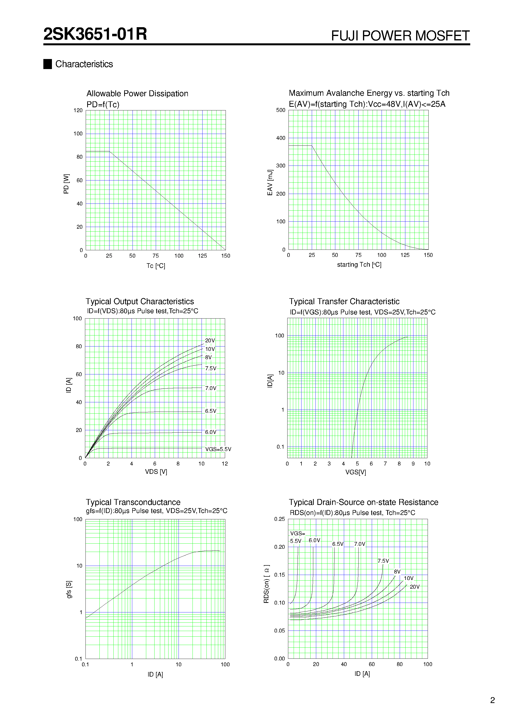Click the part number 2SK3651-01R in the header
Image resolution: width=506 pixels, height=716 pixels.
(95, 34)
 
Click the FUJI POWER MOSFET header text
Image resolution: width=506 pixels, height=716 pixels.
(400, 36)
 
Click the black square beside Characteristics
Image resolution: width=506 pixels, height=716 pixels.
(48, 64)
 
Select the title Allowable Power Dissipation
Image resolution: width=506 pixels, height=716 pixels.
(137, 94)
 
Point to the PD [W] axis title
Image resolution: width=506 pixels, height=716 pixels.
(66, 184)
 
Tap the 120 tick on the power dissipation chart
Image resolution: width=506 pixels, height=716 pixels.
(78, 110)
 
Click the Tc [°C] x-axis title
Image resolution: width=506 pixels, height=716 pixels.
(156, 266)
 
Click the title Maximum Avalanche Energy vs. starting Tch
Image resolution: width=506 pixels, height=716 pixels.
(369, 93)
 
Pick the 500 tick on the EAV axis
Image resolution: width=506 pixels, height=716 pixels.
(280, 110)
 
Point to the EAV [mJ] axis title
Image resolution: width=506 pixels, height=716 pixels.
(270, 183)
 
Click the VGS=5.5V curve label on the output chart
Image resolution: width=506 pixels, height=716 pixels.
(218, 449)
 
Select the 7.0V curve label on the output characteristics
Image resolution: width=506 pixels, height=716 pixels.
(211, 388)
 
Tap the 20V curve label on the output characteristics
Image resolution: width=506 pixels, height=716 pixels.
(210, 341)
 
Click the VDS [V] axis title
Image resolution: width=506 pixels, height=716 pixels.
(156, 472)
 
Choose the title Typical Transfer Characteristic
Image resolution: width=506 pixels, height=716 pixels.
(344, 301)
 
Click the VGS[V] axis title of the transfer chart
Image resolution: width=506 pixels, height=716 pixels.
(355, 472)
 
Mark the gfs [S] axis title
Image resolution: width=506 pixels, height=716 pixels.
(69, 589)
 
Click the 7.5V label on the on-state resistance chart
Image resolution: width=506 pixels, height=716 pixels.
(383, 561)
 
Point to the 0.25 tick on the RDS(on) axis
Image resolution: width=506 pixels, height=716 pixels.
(279, 519)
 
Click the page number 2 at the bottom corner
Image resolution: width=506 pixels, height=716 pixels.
(492, 700)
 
